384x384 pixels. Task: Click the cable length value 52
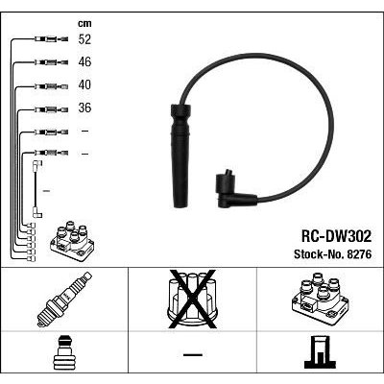(x=84, y=39)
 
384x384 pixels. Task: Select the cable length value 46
(x=84, y=61)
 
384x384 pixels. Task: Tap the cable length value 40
(x=84, y=84)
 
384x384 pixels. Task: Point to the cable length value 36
(x=84, y=108)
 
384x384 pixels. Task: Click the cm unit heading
(x=84, y=23)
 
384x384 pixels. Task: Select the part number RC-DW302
(x=336, y=236)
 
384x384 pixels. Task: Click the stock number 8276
(x=358, y=254)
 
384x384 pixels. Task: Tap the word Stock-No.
(x=318, y=254)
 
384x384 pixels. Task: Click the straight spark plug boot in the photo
(x=180, y=156)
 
